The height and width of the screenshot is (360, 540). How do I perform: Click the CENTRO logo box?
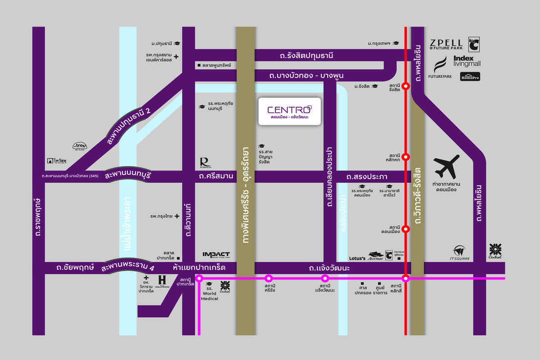pos(289,112)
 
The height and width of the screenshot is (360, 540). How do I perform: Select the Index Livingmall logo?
pos(467,61)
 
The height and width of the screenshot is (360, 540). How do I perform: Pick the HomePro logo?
pos(470,77)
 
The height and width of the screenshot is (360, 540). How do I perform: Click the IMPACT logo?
pos(216,255)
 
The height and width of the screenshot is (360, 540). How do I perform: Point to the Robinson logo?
pos(204,162)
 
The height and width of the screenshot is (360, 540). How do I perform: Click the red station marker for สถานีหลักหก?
pos(406,157)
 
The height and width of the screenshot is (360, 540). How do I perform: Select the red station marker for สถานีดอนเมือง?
pos(406,229)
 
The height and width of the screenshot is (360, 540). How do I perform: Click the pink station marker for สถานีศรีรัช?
pos(269,278)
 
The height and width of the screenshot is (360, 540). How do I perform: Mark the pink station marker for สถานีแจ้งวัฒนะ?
pos(325,278)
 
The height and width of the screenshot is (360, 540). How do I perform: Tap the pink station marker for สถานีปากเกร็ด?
pos(199,278)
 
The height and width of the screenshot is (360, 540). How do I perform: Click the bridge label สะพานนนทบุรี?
pos(127,175)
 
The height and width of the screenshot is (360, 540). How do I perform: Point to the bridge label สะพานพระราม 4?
pos(127,267)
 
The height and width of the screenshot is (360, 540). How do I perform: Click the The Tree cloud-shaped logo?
pos(80,146)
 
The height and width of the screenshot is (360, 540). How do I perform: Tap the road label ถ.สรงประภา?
pos(367,176)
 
